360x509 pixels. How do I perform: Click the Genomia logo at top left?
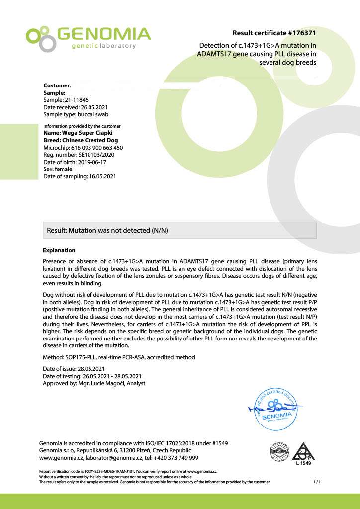coord(88,38)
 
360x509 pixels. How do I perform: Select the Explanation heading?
coord(59,250)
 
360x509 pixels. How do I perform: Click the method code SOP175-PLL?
coord(83,357)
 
